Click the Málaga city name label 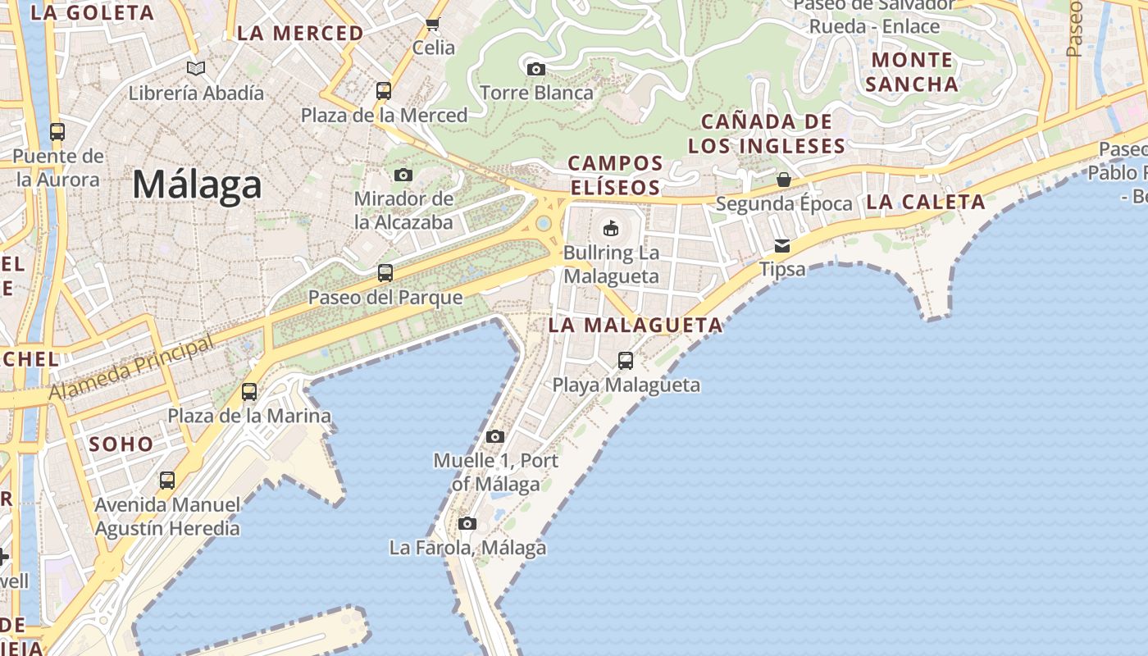point(197,184)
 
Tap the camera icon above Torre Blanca point(536,69)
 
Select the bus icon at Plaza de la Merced point(384,91)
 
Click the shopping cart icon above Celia point(433,24)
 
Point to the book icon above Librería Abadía point(195,68)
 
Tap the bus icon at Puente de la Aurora point(57,131)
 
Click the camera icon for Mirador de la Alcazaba point(403,175)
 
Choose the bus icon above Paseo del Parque point(385,273)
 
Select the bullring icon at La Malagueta point(611,228)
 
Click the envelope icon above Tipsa point(782,245)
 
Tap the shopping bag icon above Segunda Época point(784,180)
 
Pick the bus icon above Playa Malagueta point(626,361)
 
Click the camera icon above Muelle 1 point(494,436)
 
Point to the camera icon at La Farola point(467,523)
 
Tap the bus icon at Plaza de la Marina point(249,392)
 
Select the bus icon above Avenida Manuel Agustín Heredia point(167,481)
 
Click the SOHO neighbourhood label point(121,444)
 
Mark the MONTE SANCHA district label point(912,72)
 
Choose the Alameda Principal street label point(131,368)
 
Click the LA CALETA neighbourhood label point(926,202)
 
